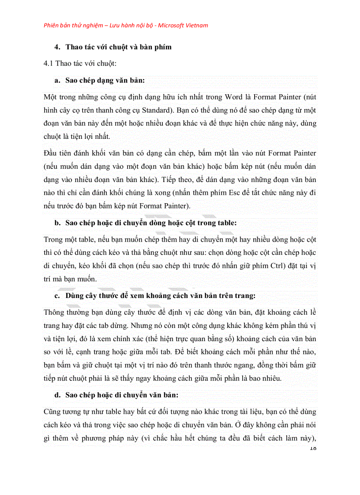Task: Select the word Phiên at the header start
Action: point(52,25)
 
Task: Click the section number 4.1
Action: point(49,63)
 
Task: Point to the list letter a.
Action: point(57,80)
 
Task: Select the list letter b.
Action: point(57,223)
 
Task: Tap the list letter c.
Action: point(57,295)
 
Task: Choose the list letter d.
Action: point(57,395)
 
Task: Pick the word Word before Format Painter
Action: point(234,97)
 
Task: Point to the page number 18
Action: point(313,448)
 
